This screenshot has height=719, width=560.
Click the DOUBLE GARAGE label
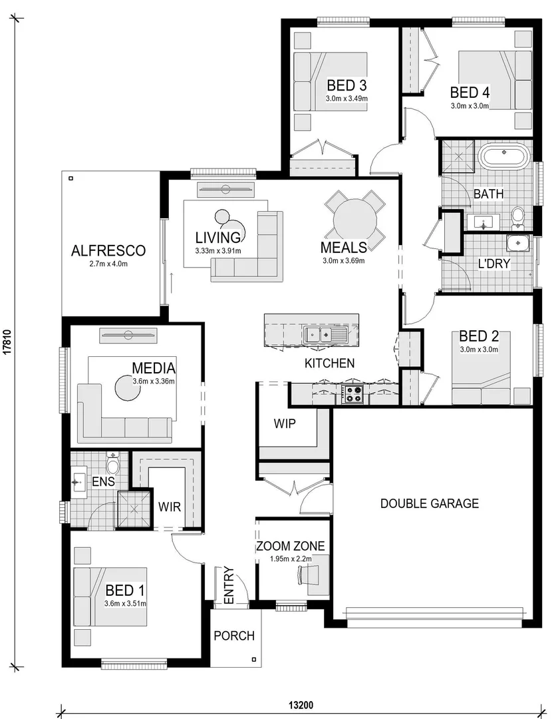pos(429,503)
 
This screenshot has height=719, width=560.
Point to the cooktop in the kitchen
pos(352,394)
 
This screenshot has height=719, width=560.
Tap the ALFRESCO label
pos(108,251)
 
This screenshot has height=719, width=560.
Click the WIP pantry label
pos(284,423)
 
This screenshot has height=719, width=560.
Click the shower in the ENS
pos(134,509)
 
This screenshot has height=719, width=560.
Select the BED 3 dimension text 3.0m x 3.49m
pos(347,99)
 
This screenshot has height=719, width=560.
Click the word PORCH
pos(233,636)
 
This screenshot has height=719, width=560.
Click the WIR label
pos(170,507)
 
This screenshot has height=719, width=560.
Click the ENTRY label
pos(229,586)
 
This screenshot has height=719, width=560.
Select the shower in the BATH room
pos(458,156)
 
